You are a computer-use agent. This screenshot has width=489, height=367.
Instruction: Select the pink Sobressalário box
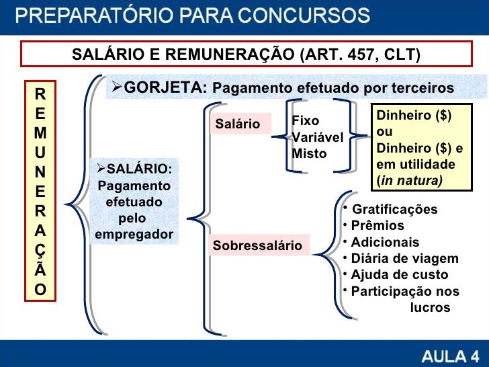(x=258, y=246)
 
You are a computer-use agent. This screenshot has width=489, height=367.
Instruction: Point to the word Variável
(x=317, y=137)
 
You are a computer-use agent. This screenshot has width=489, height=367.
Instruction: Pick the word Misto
(x=309, y=153)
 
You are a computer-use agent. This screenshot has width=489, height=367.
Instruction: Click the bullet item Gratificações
(x=394, y=210)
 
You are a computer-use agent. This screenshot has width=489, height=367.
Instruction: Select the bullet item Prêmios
(x=377, y=226)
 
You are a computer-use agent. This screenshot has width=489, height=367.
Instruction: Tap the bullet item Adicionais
(x=385, y=242)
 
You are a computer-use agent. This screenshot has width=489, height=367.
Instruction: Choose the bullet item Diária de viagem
(x=404, y=259)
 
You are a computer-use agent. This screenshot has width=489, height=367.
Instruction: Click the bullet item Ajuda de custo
(x=400, y=275)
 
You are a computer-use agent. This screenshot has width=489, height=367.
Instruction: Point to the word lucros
(x=430, y=308)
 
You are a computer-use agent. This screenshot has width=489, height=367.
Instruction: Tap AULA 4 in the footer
(x=450, y=355)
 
